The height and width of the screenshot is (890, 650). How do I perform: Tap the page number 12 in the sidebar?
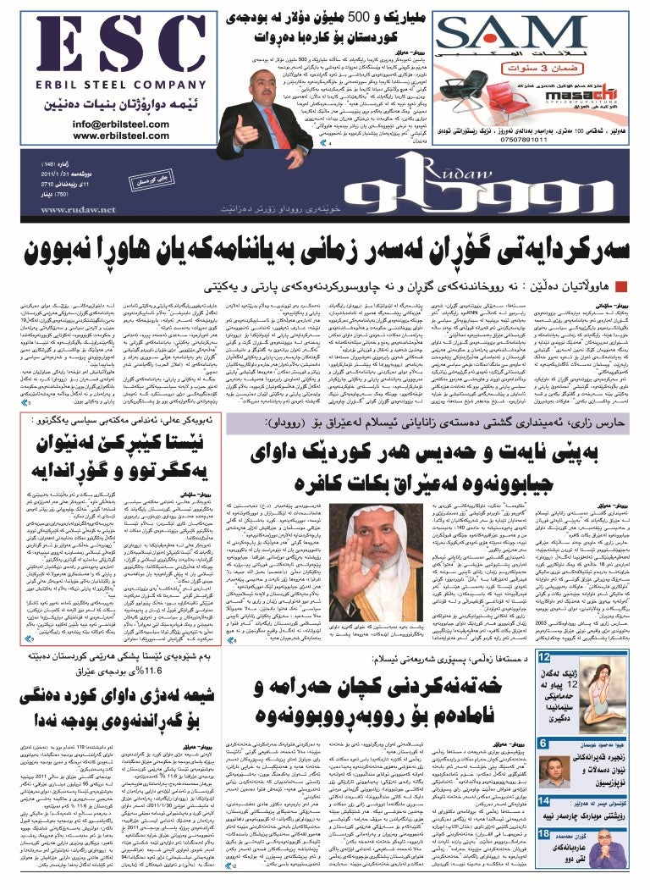(x=546, y=657)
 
